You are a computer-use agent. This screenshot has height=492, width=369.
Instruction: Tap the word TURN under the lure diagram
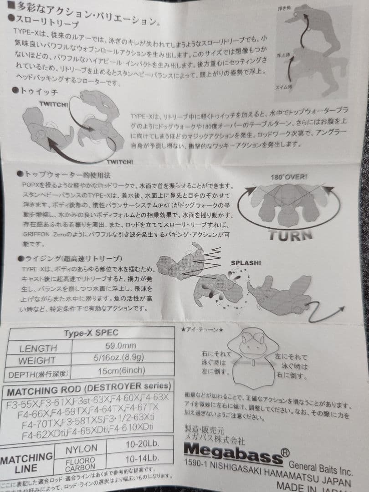(290, 234)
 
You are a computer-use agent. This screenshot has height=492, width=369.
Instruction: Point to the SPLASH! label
(246, 263)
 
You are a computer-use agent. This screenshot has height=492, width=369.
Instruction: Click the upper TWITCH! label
(54, 104)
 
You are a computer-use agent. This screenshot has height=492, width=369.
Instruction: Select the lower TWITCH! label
(120, 162)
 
